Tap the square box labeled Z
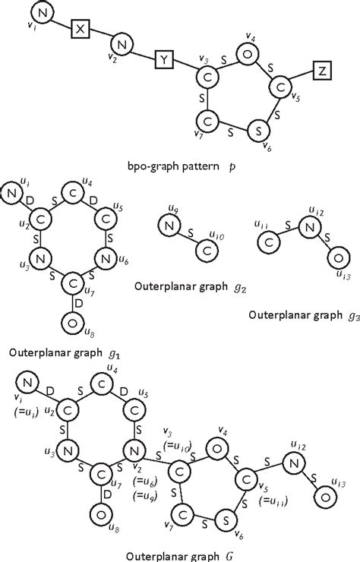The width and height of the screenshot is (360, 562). (x=322, y=71)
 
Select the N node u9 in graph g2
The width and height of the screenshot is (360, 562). (x=169, y=225)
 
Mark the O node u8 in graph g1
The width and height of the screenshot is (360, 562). (x=73, y=324)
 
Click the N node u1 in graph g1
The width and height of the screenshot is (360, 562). (x=11, y=194)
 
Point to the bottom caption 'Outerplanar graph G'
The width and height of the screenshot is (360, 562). (x=180, y=551)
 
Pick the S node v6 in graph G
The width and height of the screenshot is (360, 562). (x=227, y=516)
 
